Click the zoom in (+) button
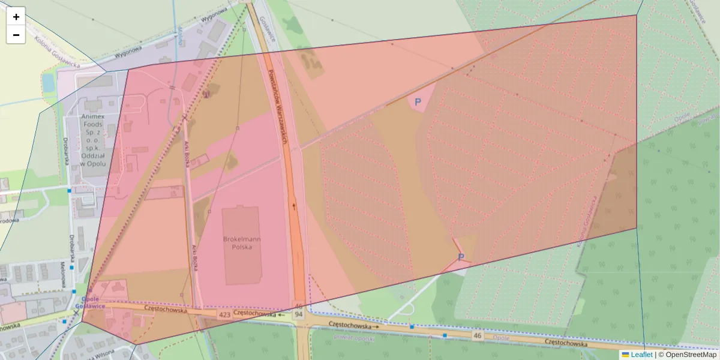pos(16,17)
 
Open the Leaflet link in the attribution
pos(641,355)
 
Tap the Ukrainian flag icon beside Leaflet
pos(625,355)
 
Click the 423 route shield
pos(225,314)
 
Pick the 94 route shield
pos(298,315)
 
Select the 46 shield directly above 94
pos(298,307)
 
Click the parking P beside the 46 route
pos(461,257)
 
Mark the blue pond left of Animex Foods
pos(49,83)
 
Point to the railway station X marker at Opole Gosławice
pos(76,313)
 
